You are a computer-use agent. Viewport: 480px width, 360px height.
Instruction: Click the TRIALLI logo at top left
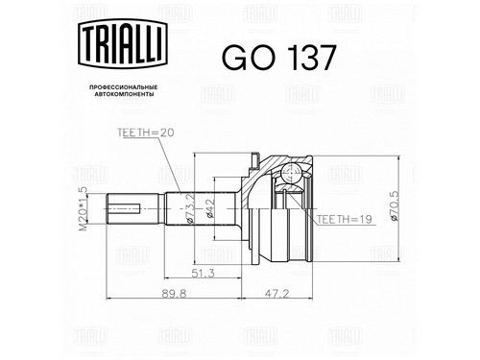click(x=123, y=43)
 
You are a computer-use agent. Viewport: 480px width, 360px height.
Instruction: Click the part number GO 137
click(x=279, y=58)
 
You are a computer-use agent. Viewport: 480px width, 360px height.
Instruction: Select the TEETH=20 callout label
click(x=146, y=132)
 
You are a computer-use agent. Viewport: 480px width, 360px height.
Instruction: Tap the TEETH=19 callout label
click(x=345, y=219)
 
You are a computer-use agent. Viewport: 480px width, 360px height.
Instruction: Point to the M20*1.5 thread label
click(x=83, y=208)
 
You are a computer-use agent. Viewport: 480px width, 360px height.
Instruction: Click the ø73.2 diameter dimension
click(x=189, y=208)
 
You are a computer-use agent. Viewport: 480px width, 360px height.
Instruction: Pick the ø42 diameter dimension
click(x=209, y=208)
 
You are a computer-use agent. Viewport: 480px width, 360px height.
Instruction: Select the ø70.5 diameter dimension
click(x=395, y=205)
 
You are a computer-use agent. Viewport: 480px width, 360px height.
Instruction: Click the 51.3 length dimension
click(x=203, y=274)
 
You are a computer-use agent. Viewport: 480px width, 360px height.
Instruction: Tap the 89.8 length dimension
click(x=174, y=294)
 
